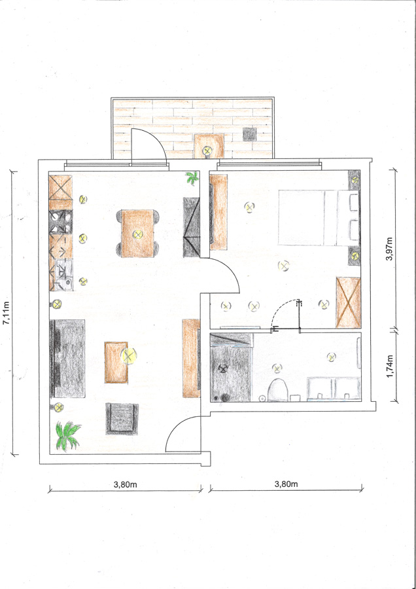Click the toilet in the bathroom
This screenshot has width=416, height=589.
pos(278,390)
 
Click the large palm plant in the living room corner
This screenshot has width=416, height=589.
pos(67,436)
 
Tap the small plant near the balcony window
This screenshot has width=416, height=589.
pos(192,177)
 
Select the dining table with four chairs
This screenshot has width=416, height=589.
pos(138,233)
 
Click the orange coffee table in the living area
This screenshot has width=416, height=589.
pos(116,362)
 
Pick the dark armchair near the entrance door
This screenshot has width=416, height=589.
pos(122,418)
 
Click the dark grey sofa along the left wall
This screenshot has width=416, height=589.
pos(67,359)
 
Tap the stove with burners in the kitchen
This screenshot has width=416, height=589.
pos(60,222)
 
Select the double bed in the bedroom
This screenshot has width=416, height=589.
pos(319,218)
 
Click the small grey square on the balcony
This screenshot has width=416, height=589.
pos(249,134)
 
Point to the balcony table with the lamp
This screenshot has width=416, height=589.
pos(209,146)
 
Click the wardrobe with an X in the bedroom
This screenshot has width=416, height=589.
pos(349,302)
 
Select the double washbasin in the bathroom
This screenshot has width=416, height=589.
pos(334,389)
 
